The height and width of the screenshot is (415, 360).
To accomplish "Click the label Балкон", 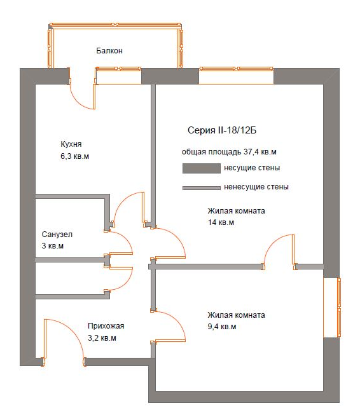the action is pos(109,51).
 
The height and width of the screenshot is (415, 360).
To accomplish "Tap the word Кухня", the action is pos(71,144).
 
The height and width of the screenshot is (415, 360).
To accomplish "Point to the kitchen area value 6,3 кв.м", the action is pos(74,156).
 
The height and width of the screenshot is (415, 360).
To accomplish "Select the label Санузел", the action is pos(57,235).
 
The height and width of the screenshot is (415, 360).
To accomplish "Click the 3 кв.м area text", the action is pos(52,246).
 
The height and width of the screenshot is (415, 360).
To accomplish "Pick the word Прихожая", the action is pos(106,326).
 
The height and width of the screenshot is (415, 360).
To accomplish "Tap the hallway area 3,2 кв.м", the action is pos(102,338).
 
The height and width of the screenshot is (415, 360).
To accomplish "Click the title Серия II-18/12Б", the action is pos(222,130).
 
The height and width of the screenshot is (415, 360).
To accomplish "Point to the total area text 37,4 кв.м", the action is pos(260,152).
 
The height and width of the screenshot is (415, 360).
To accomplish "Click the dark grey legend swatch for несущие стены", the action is pos(202,168).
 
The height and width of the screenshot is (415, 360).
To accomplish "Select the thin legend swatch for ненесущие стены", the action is pos(202,188).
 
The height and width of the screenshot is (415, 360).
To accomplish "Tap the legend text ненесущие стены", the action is pos(256,187).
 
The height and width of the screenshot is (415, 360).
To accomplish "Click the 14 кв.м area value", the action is pos(221,222).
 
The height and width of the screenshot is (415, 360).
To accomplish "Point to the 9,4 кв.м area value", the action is pos(222,327).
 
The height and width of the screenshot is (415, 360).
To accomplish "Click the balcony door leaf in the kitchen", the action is pos(93,97).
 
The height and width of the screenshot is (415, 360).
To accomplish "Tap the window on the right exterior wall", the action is pos(339,308).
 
